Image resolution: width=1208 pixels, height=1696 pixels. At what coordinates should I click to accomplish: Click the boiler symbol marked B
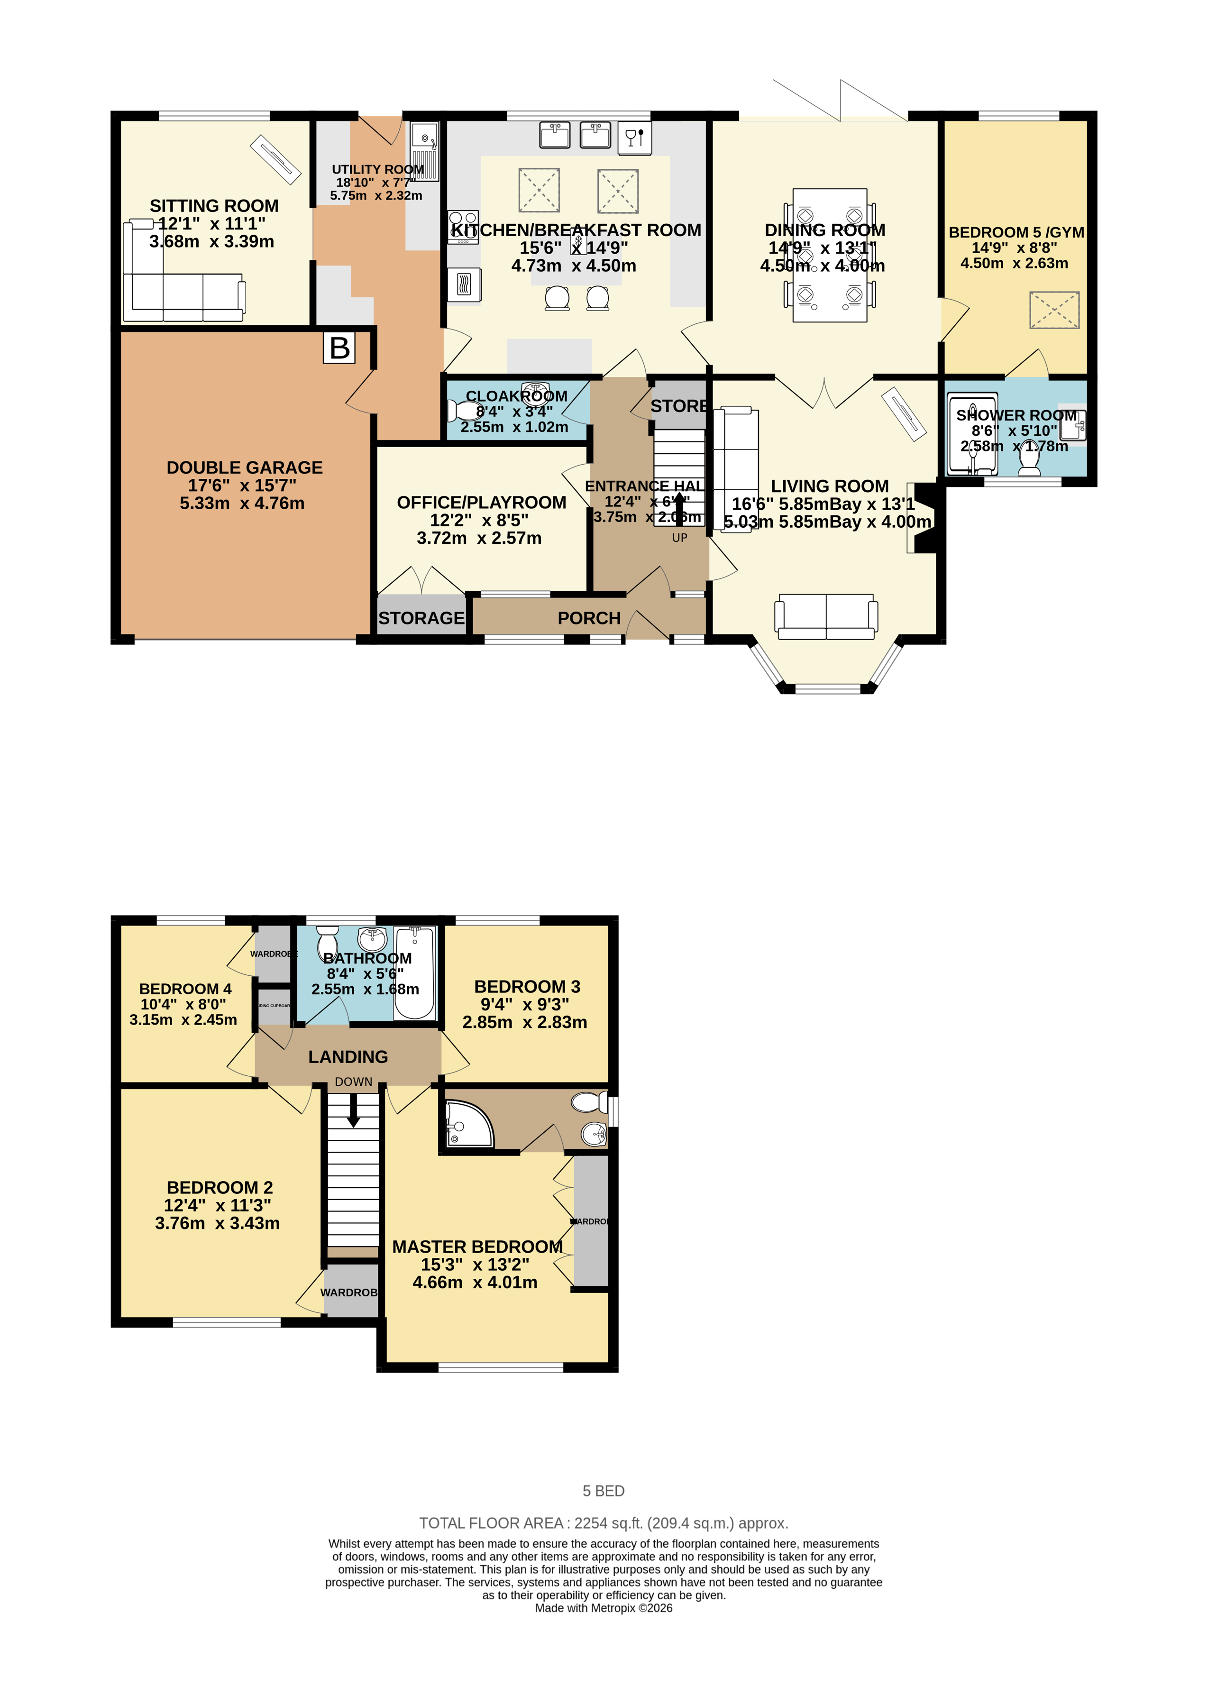339,348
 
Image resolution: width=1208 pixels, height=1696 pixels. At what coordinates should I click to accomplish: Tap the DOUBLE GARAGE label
244,468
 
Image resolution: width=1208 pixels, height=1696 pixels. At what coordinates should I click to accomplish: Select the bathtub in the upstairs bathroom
414,973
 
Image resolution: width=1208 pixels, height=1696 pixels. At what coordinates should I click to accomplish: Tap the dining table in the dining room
829,255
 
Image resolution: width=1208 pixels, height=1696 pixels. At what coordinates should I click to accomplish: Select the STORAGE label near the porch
421,618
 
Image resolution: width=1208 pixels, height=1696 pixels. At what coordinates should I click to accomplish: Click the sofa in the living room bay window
826,617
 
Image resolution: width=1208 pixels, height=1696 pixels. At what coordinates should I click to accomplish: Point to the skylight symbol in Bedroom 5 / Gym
1053,310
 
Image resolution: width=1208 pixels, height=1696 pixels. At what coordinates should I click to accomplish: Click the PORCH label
589,618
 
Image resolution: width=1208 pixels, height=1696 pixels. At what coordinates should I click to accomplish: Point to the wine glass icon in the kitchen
634,138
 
